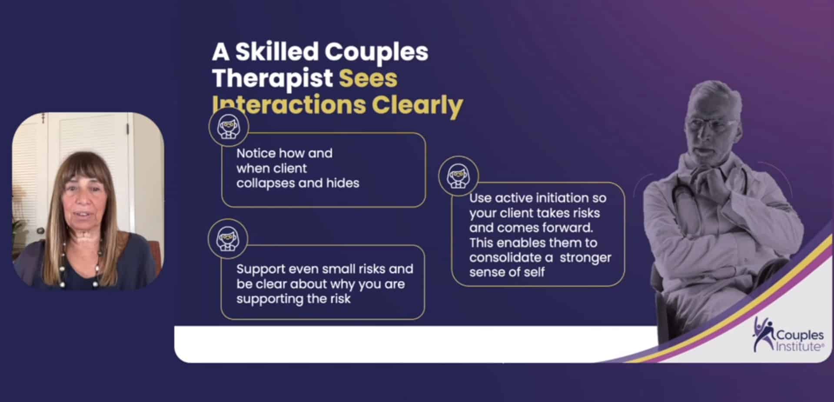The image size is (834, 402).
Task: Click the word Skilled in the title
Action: point(277,52)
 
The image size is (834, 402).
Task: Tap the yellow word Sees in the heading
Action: point(368,78)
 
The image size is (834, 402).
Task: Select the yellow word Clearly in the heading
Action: point(417,106)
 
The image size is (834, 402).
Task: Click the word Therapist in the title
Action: point(272,78)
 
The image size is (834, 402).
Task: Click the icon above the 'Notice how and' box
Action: point(229,127)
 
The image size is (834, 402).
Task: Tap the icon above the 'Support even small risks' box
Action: point(228,239)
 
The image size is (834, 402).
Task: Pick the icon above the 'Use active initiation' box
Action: point(459,176)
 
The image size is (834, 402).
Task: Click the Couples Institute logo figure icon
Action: point(763,334)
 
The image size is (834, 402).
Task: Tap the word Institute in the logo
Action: point(799,346)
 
